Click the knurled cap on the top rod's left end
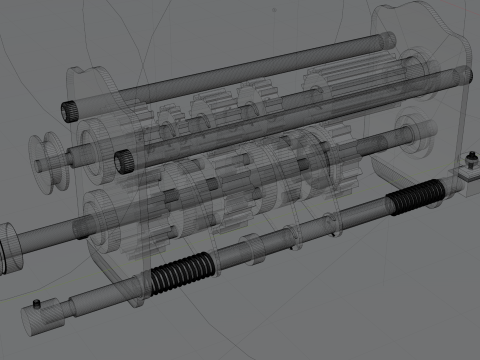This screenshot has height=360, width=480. click(x=72, y=108)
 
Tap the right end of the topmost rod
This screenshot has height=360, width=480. click(x=390, y=40)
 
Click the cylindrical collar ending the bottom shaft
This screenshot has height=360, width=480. click(x=45, y=318)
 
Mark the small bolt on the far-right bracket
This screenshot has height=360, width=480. click(x=470, y=158)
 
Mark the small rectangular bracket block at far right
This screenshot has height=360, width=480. click(x=467, y=176)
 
